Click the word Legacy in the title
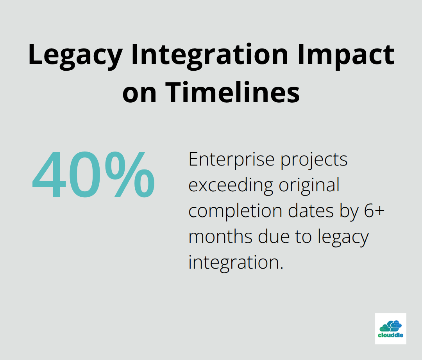point(75,57)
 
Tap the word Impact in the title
point(346,57)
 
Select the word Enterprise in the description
point(231,160)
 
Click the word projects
point(314,160)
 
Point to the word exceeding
point(231,186)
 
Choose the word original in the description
point(309,186)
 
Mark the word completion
point(235,211)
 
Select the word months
point(220,236)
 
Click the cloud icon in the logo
point(390,326)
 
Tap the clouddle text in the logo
point(390,335)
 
